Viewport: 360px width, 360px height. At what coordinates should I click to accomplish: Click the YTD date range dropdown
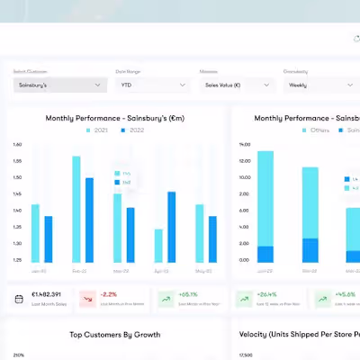tap(152, 85)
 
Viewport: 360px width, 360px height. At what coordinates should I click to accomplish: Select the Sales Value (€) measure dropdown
tap(237, 85)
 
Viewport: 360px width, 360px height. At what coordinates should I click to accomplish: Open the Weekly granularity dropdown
tap(320, 85)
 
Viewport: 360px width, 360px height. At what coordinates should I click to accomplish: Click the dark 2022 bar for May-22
tap(212, 238)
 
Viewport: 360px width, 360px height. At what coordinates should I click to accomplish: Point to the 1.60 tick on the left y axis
tap(18, 144)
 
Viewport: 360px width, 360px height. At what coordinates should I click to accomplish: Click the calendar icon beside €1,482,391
tap(21, 298)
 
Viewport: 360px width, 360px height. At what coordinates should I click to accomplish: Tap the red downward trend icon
tap(87, 298)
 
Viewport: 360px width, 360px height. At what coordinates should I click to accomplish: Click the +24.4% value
tap(267, 294)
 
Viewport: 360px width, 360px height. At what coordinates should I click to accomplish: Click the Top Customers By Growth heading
tap(115, 335)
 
